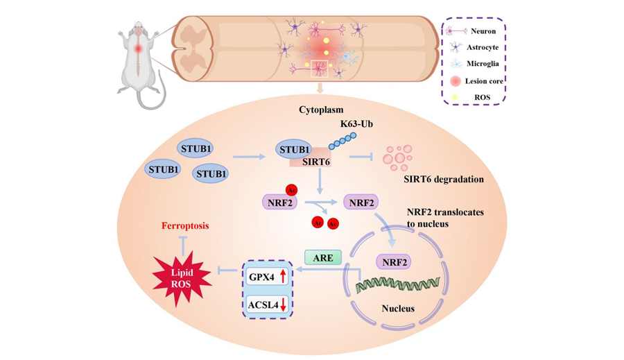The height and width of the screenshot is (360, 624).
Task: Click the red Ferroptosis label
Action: pyautogui.click(x=185, y=226)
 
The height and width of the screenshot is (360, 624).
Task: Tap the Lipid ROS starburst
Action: pyautogui.click(x=182, y=278)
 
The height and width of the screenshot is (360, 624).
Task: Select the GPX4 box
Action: pyautogui.click(x=267, y=276)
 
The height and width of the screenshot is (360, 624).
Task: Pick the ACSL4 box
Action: pyautogui.click(x=267, y=305)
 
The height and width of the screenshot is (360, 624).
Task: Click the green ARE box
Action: pyautogui.click(x=323, y=257)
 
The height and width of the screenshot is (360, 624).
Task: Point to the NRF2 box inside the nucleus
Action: pyautogui.click(x=394, y=262)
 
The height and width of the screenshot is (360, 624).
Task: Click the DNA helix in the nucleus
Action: pyautogui.click(x=397, y=284)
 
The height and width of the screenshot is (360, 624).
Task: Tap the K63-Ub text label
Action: pyautogui.click(x=356, y=124)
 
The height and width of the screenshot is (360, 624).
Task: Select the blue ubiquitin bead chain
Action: pyautogui.click(x=343, y=142)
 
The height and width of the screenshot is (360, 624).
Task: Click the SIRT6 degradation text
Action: pyautogui.click(x=444, y=179)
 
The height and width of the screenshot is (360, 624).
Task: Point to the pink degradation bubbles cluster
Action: pyautogui.click(x=397, y=157)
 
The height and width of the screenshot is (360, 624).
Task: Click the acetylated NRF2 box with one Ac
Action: pyautogui.click(x=280, y=203)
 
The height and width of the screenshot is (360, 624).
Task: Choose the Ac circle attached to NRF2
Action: pyautogui.click(x=291, y=190)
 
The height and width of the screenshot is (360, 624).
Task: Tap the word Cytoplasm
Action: pyautogui.click(x=321, y=110)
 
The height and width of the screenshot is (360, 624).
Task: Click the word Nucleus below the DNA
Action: pyautogui.click(x=398, y=308)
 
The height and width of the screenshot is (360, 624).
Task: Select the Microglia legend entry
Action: pyautogui.click(x=474, y=64)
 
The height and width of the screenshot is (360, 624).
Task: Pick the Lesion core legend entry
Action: pyautogui.click(x=476, y=81)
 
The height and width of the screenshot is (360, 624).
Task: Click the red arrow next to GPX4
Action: pyautogui.click(x=283, y=276)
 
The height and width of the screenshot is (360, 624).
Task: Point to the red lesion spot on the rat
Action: pyautogui.click(x=138, y=49)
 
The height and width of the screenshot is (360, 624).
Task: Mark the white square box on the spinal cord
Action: pyautogui.click(x=319, y=69)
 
